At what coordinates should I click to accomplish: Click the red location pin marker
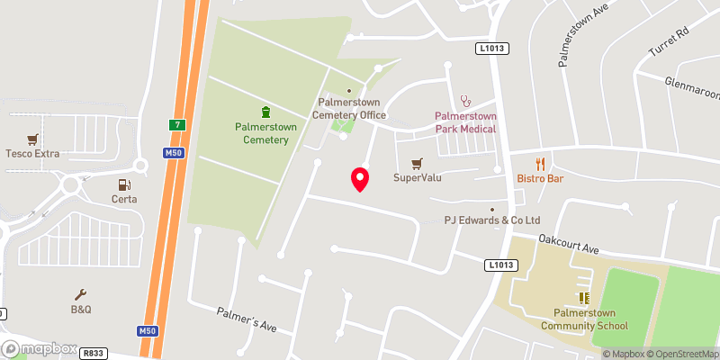point(360,179)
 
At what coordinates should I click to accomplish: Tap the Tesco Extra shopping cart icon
point(33,139)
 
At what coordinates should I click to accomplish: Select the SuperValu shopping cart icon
point(416,164)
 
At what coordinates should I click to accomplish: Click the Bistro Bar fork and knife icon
point(540,164)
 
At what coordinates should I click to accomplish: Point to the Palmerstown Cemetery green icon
point(265,112)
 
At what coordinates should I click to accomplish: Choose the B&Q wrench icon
point(81,294)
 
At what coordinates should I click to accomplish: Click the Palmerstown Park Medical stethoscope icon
point(465,101)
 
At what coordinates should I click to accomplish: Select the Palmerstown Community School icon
point(583,297)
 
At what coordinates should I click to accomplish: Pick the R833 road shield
point(93,354)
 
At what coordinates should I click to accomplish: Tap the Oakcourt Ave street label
point(569,244)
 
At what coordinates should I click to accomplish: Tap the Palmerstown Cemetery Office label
point(349,109)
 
